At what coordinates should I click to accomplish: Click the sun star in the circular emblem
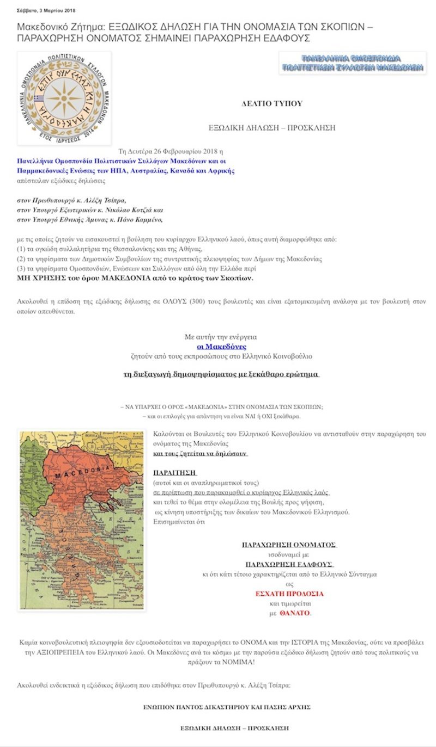pos(64,98)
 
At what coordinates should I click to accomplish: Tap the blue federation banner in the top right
pos(352,63)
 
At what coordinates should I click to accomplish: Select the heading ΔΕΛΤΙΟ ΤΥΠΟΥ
pos(272,103)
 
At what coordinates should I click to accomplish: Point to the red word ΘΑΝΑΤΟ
pos(294,613)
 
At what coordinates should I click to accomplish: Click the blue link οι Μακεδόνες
pos(221,347)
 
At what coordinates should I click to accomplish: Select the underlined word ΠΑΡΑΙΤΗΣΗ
pos(174,472)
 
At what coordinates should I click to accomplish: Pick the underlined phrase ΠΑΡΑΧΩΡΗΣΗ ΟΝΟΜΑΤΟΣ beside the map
pos(289,545)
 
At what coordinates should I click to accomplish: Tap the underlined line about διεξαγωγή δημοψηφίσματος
pos(221,375)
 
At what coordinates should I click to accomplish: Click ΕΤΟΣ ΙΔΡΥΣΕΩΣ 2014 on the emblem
pos(64,138)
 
